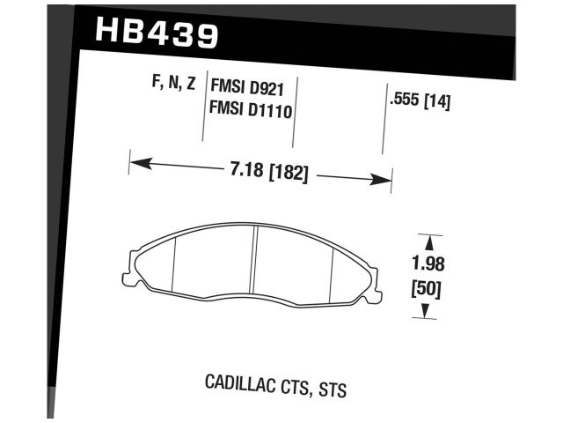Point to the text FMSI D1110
(252, 111)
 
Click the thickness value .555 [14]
(420, 101)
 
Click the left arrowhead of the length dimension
(137, 162)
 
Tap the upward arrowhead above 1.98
(427, 241)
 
